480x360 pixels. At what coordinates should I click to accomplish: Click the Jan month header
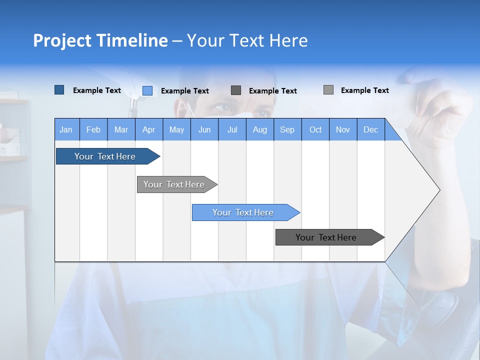click(66, 129)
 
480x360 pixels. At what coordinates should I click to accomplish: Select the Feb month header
click(93, 129)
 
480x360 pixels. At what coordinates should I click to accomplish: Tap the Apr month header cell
click(149, 129)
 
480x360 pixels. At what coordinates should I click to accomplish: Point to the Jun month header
click(204, 129)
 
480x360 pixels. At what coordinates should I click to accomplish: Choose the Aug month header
click(260, 129)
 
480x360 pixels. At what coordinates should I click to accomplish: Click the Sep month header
click(287, 129)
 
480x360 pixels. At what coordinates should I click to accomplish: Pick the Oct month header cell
click(315, 129)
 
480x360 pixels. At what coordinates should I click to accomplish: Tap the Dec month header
click(371, 129)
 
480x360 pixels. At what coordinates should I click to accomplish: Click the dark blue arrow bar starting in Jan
click(105, 156)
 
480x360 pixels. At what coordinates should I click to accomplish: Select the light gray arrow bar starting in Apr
click(174, 184)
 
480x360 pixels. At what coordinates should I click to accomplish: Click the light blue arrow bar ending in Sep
click(243, 212)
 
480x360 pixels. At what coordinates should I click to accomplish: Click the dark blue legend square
click(59, 90)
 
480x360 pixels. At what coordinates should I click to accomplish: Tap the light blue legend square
click(147, 90)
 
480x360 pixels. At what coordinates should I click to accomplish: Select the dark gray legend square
click(236, 90)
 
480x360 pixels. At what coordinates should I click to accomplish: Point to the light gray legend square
click(328, 90)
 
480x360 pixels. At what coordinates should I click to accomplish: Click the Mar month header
click(121, 129)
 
